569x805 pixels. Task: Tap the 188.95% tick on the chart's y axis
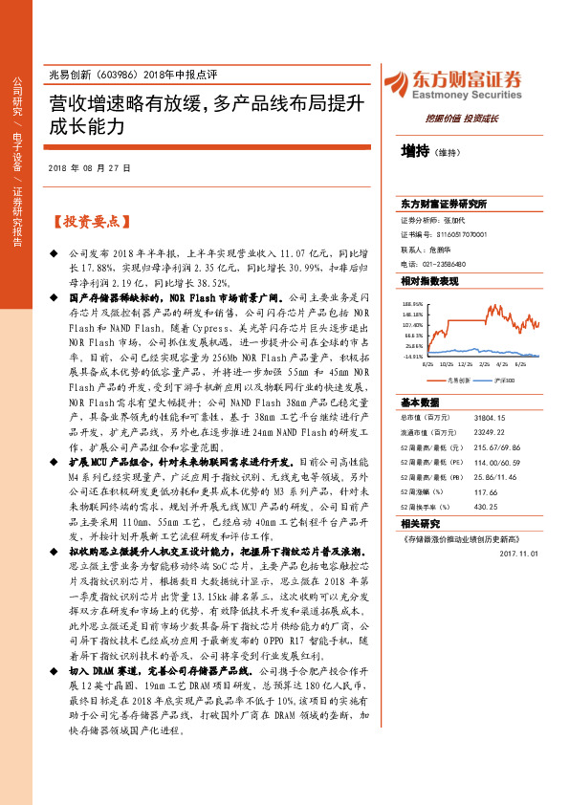pyautogui.click(x=412, y=301)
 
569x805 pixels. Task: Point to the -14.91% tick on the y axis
pyautogui.click(x=413, y=357)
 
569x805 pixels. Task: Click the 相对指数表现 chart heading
pyautogui.click(x=429, y=282)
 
